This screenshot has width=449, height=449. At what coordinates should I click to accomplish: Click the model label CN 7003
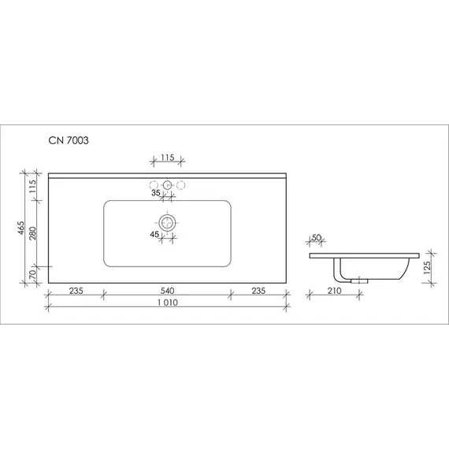coord(68,142)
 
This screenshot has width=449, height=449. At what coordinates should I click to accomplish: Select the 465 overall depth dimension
coord(23,229)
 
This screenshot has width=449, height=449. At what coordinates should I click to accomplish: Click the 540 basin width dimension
coord(166,290)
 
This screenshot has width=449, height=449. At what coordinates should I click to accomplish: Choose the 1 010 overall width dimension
coord(166,303)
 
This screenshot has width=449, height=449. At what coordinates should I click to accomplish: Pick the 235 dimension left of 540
coord(75,290)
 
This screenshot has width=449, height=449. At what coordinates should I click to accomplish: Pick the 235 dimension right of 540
coord(258,290)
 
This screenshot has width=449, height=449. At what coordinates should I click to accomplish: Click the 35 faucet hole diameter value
coord(155,192)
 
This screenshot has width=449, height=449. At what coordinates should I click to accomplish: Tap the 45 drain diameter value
coord(155,233)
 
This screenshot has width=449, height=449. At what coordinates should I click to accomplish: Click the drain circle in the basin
coord(167,224)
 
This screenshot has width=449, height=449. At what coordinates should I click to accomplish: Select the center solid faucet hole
coord(167,185)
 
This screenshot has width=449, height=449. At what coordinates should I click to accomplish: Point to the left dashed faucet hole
coord(153,185)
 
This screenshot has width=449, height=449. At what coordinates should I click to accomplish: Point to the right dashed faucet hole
coord(181,185)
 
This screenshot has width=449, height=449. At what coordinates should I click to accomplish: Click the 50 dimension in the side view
coord(317,237)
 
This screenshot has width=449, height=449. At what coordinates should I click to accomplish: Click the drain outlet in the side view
coord(360,280)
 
